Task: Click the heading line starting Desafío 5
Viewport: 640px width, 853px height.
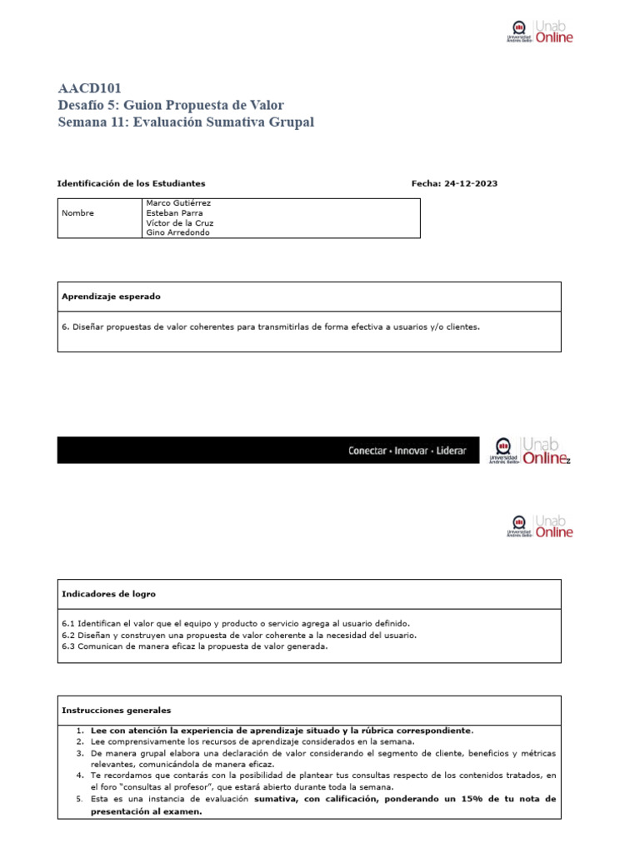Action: [171, 105]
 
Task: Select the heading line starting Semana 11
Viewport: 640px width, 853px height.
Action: [186, 122]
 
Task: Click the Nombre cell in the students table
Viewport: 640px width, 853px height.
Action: [78, 212]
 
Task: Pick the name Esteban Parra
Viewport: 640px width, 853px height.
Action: [176, 212]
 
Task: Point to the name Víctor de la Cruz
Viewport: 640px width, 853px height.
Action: [180, 222]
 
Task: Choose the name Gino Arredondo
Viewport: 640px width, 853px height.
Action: [178, 232]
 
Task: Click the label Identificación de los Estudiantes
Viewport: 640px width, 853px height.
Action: [131, 183]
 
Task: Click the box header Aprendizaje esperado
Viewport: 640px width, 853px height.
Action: [111, 297]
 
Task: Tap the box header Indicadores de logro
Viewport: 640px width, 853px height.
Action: [108, 594]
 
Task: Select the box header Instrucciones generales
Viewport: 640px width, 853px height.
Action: [116, 711]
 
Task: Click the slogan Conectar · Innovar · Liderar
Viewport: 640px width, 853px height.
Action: [407, 451]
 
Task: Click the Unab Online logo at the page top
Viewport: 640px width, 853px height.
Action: [540, 32]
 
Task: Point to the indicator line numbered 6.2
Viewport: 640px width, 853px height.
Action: [238, 635]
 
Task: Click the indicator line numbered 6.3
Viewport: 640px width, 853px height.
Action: [195, 646]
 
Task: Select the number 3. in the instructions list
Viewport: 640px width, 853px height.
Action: [80, 753]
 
